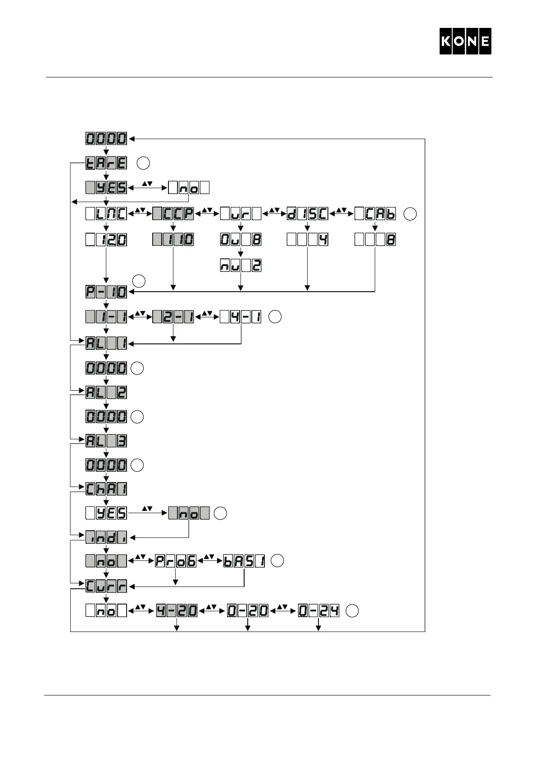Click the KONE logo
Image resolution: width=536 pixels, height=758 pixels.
(465, 41)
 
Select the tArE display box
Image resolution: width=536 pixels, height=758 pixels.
(106, 163)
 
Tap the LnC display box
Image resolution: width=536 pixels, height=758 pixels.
(106, 214)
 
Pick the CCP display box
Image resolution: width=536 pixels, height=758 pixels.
(173, 214)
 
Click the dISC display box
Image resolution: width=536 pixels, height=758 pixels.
(308, 214)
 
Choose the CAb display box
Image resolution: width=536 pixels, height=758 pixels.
(375, 214)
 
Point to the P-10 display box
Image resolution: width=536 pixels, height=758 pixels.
(106, 292)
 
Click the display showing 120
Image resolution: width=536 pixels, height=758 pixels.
(106, 239)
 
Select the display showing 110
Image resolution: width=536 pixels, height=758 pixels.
(173, 239)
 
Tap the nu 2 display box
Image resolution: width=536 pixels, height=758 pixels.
(241, 266)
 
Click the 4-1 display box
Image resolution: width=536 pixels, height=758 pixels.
(241, 317)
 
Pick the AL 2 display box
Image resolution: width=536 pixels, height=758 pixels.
(106, 393)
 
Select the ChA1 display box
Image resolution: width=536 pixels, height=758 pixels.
(106, 489)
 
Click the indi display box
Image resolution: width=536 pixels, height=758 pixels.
(106, 537)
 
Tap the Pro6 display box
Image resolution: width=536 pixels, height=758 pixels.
(176, 561)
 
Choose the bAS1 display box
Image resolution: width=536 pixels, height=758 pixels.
(244, 561)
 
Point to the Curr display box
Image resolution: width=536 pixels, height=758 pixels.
(106, 586)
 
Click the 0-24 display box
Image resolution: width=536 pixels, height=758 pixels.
(318, 611)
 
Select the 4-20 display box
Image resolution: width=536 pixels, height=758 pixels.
(177, 611)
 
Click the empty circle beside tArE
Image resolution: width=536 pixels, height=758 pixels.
(143, 163)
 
